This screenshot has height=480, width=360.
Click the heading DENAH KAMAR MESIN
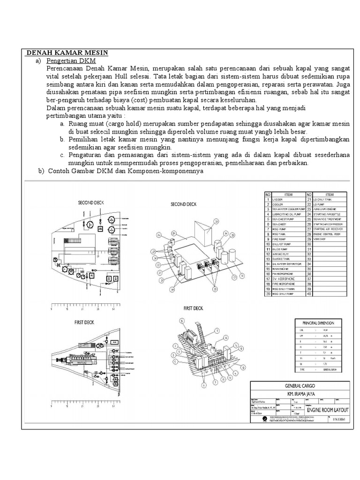click(67, 52)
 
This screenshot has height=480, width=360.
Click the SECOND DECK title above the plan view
click(91, 202)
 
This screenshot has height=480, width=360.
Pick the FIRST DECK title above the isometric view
click(194, 308)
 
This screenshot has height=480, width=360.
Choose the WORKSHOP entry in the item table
click(327, 238)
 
